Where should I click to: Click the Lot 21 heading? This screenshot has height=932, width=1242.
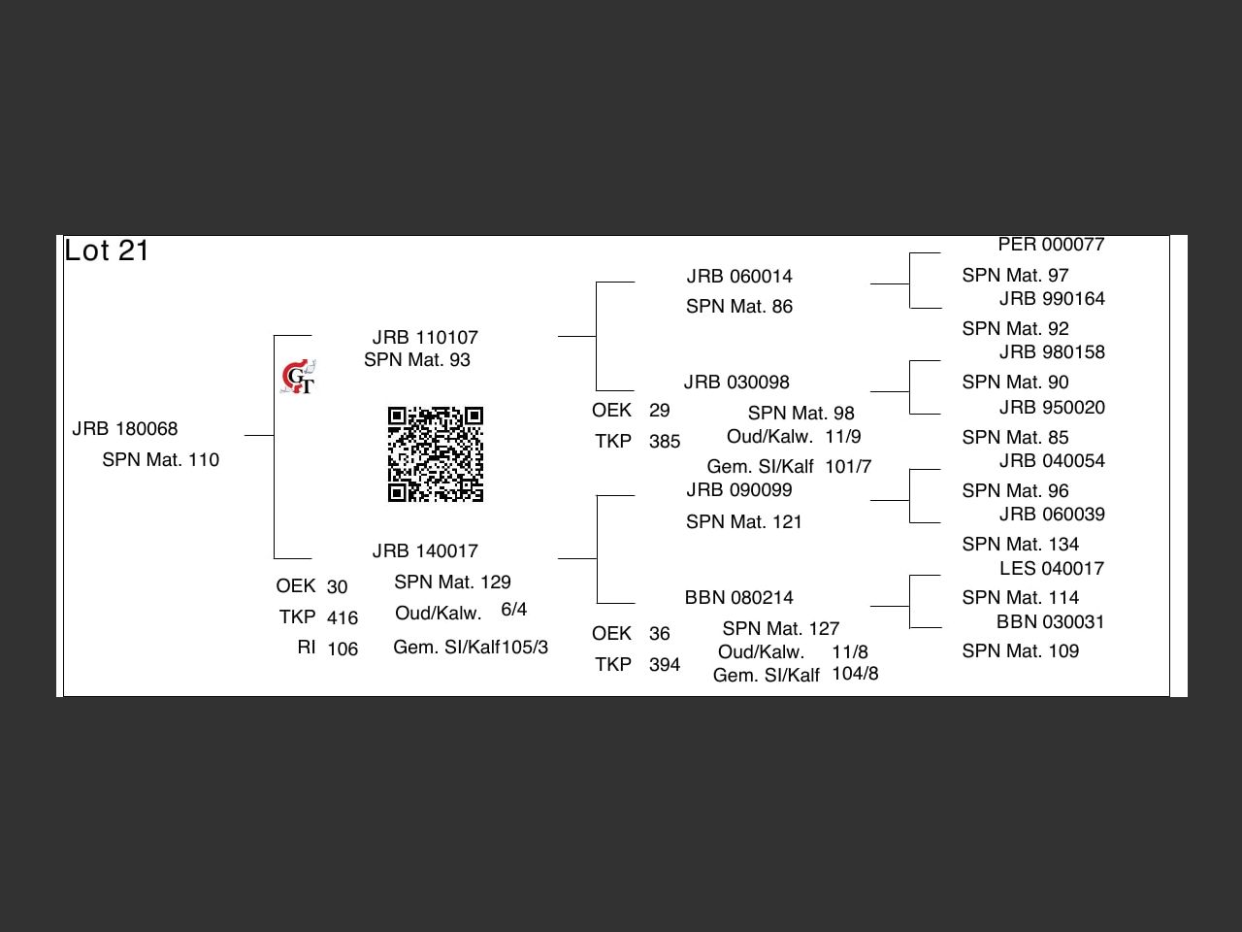[107, 250]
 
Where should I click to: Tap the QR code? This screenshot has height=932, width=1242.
[436, 454]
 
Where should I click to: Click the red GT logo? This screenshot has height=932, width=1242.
[299, 378]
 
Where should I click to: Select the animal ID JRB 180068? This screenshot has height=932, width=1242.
[125, 429]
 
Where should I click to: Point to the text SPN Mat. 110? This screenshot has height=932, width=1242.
[161, 460]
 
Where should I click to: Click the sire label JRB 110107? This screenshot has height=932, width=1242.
[425, 338]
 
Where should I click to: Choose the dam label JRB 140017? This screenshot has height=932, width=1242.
[425, 551]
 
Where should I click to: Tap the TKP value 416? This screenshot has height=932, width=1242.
[343, 618]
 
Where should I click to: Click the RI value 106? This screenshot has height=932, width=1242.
[343, 649]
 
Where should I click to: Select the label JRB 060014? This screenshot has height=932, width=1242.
[739, 277]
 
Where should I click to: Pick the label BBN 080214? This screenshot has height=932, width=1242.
[739, 598]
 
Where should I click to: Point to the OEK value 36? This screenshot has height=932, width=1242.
[660, 634]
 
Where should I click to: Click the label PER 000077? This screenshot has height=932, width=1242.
[1052, 245]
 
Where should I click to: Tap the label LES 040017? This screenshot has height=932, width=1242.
[1052, 569]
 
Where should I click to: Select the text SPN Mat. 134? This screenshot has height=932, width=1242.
[1021, 545]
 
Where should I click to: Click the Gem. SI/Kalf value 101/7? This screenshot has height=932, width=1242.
[848, 467]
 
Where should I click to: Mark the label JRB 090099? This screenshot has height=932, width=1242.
[739, 490]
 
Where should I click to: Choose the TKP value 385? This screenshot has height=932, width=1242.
[665, 442]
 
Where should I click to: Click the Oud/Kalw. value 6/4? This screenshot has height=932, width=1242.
[514, 610]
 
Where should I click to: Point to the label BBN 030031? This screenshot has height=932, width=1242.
[1051, 622]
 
